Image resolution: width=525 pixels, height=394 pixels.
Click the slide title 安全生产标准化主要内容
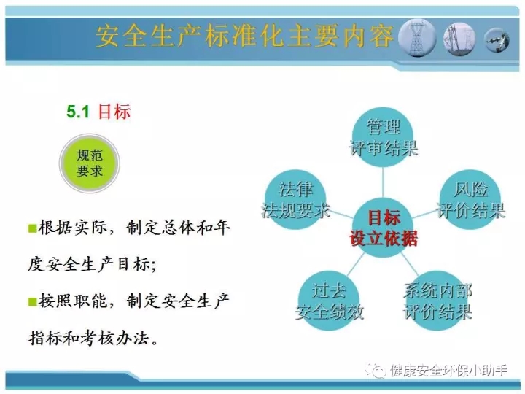point(245,36)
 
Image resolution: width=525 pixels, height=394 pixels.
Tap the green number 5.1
point(78,112)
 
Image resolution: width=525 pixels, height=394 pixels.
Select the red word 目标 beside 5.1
point(114,112)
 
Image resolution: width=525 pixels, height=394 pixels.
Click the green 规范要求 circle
point(90,163)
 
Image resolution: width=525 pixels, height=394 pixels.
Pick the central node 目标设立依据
point(384,228)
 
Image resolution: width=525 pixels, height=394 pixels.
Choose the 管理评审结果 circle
point(384,137)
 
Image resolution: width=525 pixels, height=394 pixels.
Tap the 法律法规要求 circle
point(295,200)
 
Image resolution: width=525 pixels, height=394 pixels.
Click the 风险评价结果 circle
point(470,200)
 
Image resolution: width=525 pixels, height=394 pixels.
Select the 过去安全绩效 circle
point(329,301)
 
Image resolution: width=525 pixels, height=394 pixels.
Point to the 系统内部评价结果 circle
point(437,301)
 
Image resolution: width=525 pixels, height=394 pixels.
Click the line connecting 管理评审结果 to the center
point(383,182)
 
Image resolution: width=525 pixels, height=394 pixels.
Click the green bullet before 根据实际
point(33,228)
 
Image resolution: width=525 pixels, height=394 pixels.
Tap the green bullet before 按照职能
point(33,301)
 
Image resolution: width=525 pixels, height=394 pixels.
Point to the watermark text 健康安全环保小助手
point(448,371)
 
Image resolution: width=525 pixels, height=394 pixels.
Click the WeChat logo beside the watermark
point(376,371)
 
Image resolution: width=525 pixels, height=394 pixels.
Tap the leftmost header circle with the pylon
point(417,37)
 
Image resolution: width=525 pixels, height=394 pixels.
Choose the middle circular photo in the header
point(459,39)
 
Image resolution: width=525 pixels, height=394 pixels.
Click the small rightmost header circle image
point(497,40)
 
